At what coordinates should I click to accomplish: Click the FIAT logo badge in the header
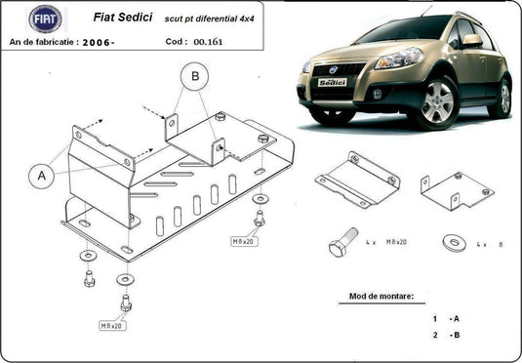(44, 19)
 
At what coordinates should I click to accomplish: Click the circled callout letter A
(41, 176)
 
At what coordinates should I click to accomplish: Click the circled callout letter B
(194, 76)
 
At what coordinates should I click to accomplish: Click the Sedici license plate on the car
(333, 83)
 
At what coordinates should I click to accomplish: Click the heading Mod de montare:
(381, 296)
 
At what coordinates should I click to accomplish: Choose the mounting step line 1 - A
(445, 319)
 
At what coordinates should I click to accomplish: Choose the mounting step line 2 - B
(445, 336)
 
